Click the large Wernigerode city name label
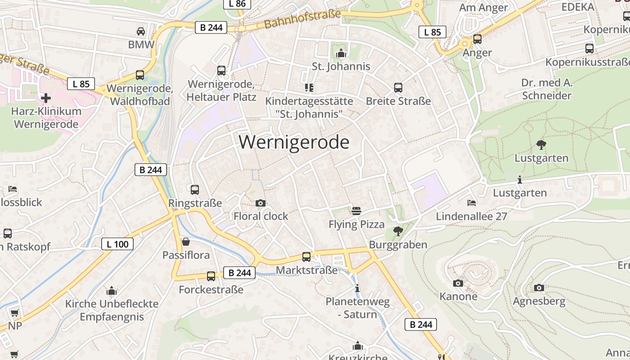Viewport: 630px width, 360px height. (x=294, y=142)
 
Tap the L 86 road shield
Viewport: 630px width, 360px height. (x=237, y=4)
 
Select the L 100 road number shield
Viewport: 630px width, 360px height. (x=117, y=244)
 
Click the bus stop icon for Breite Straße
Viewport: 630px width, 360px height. (x=398, y=88)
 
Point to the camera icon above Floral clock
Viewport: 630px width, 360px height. (x=260, y=203)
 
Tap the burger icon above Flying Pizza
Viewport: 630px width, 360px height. (x=356, y=211)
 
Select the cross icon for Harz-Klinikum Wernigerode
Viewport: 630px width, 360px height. (x=46, y=98)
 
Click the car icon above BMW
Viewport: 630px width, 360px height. (x=141, y=31)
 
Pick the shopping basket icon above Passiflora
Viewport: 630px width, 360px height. (x=185, y=242)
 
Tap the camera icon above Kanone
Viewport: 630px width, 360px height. (x=458, y=283)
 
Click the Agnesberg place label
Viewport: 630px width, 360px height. (x=539, y=301)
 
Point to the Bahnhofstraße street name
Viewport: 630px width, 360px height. (x=302, y=19)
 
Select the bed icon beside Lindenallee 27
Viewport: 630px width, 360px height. (x=471, y=203)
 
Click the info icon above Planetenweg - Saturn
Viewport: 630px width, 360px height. (x=357, y=288)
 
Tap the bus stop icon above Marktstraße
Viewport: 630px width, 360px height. (x=306, y=257)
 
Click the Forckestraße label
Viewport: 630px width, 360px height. (x=211, y=289)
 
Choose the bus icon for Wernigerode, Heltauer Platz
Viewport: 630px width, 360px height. (x=221, y=71)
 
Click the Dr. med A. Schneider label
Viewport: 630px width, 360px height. (x=546, y=89)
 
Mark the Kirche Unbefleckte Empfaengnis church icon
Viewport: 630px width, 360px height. (x=112, y=291)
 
